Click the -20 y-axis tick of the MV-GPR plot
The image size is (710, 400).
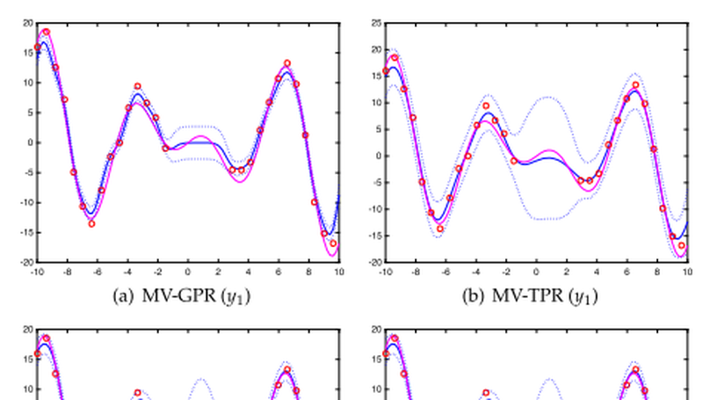click(26, 262)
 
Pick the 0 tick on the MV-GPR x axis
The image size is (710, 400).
click(187, 273)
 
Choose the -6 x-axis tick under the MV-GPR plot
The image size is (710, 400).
click(97, 273)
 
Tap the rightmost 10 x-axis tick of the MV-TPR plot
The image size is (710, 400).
click(687, 273)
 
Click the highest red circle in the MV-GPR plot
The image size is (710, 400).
click(46, 33)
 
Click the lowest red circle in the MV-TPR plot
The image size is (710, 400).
click(681, 245)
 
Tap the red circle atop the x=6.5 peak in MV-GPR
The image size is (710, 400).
click(286, 63)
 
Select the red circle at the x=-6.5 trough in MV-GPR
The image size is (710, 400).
click(91, 223)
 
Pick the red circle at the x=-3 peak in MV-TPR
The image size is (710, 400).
click(486, 105)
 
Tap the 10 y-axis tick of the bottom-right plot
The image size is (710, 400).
click(376, 389)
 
